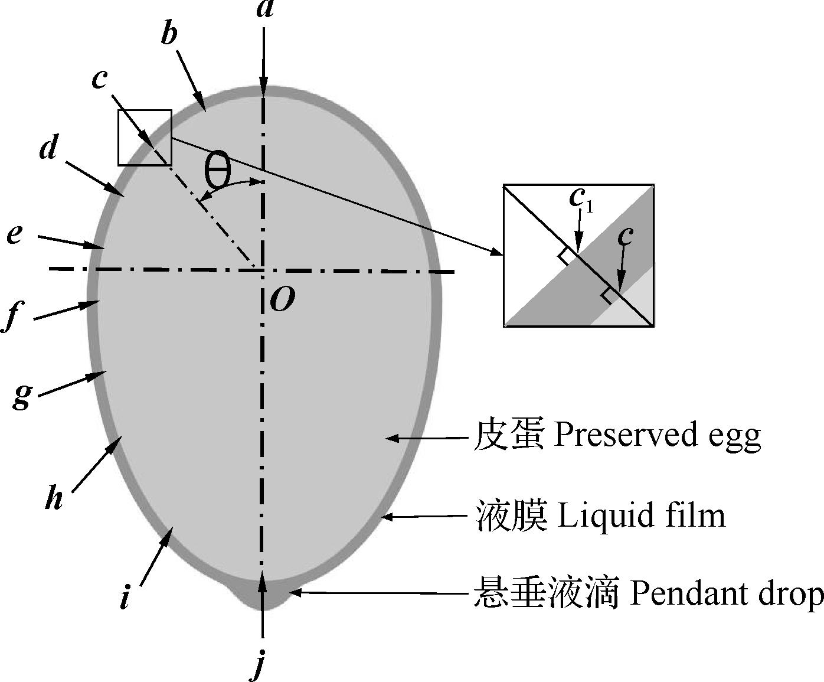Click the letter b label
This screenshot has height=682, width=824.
[x=169, y=35]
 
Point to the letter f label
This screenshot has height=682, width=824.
[x=13, y=317]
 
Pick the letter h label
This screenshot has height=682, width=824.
[x=54, y=499]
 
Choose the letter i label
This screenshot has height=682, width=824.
[x=125, y=598]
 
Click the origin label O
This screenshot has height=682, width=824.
[x=282, y=301]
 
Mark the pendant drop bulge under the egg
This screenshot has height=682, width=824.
[x=263, y=596]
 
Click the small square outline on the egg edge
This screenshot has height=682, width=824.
[x=145, y=137]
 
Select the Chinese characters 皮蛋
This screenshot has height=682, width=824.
[x=507, y=436]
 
